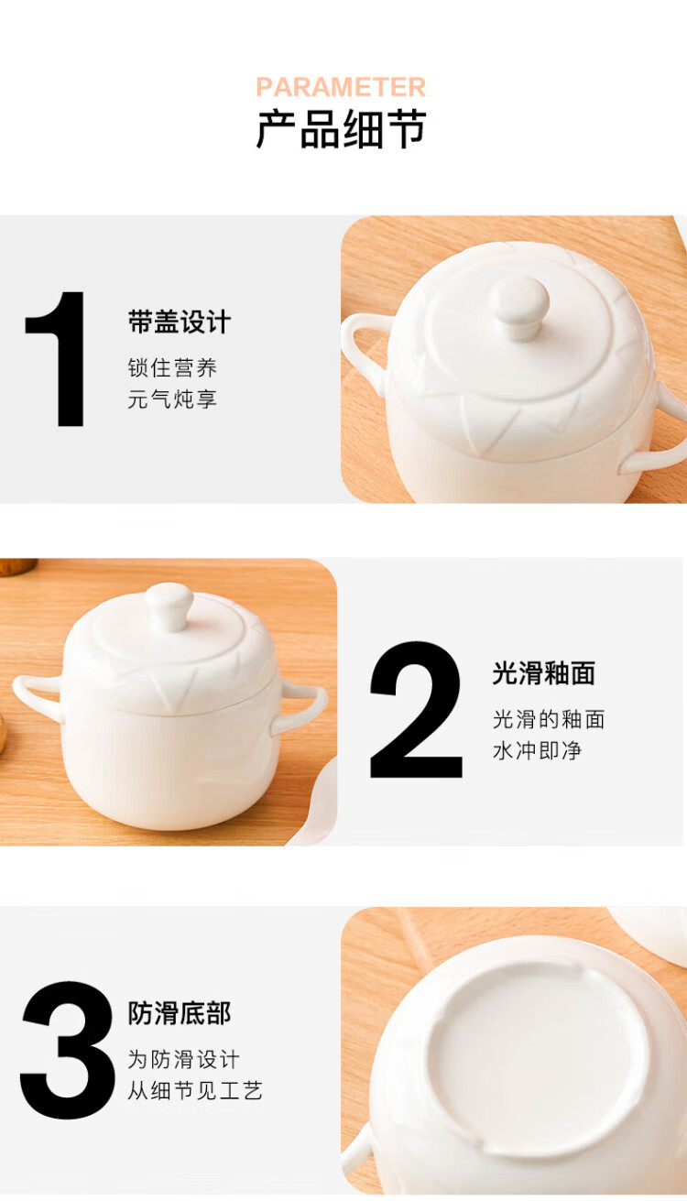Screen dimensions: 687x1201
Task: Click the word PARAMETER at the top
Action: click(x=341, y=87)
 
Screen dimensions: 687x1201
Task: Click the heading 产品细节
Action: click(x=342, y=129)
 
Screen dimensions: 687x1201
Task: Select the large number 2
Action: click(x=416, y=709)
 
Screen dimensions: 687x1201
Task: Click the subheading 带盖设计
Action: click(x=180, y=322)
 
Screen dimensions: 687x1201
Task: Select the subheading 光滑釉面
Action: click(x=544, y=673)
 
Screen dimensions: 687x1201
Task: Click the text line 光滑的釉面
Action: click(x=549, y=719)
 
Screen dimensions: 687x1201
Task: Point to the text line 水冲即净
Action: click(x=538, y=750)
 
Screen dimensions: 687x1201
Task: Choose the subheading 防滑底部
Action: click(x=180, y=1013)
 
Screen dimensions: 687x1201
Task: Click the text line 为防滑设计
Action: click(x=184, y=1059)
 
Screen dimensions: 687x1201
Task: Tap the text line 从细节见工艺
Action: click(x=195, y=1090)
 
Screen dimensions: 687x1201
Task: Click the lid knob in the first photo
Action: click(x=519, y=307)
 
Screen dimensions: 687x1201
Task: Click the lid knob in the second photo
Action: click(x=169, y=606)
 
